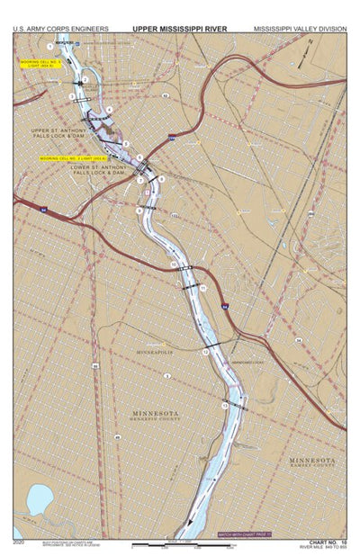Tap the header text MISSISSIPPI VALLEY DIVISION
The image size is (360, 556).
point(299,29)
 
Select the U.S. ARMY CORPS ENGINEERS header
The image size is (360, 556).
point(61,29)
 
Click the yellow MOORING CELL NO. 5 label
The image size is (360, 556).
point(39,64)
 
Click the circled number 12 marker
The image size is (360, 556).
point(205,352)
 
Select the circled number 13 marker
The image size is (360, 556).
point(224,407)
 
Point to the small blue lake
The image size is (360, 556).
point(38,498)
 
